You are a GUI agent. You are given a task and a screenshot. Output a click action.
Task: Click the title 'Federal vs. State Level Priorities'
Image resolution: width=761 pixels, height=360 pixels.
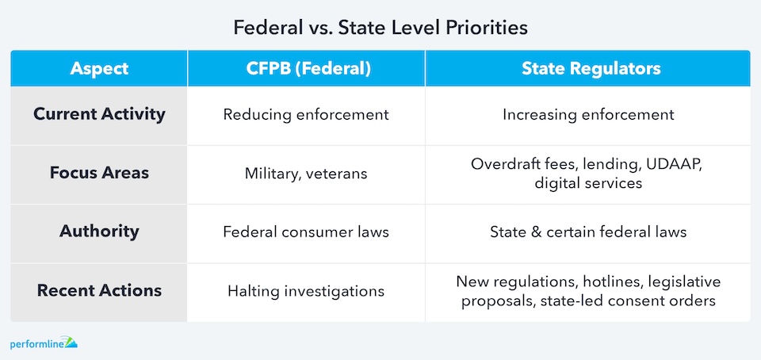coord(380,28)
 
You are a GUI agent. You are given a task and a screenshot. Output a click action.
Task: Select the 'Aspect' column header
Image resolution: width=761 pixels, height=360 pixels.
coord(99,68)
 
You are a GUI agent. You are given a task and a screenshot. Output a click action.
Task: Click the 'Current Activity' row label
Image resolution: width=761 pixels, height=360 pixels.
coord(99,114)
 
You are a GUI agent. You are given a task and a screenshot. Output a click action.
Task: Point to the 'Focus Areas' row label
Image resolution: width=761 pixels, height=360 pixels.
coord(99,173)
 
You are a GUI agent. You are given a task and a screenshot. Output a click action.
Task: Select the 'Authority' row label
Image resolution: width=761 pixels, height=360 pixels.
coord(99,231)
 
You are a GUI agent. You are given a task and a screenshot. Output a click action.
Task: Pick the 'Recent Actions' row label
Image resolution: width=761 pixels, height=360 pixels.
coord(99,291)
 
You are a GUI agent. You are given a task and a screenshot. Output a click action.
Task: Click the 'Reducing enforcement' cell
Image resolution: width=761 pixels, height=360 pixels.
coord(306,115)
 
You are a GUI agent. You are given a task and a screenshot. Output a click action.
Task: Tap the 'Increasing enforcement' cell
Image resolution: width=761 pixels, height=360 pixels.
coord(587,115)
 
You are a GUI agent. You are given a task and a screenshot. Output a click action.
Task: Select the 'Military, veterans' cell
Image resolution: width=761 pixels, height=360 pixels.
coord(306,174)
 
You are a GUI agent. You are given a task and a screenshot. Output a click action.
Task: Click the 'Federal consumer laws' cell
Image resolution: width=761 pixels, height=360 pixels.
coord(306,232)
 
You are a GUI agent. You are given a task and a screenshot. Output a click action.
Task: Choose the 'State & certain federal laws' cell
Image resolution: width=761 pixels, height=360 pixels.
coord(587,232)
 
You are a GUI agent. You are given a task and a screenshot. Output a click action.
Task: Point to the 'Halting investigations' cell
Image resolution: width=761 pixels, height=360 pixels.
coord(306,291)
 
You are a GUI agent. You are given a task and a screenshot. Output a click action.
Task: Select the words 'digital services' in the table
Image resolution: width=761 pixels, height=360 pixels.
coord(588,183)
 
